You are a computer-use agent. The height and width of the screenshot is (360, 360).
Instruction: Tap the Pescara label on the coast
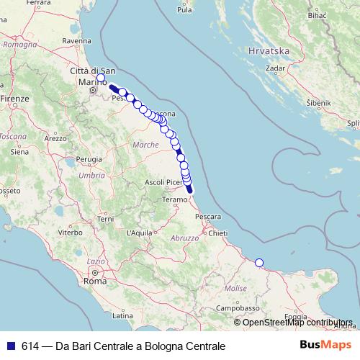(207, 216)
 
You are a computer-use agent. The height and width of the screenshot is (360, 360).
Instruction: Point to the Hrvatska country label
(267, 52)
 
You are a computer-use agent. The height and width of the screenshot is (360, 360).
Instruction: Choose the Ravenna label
(76, 42)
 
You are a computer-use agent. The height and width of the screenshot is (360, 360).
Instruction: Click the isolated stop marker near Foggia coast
(259, 263)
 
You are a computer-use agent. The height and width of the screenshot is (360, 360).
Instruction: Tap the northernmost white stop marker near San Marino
(101, 78)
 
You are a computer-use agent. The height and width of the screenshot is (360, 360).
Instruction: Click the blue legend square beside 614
(9, 346)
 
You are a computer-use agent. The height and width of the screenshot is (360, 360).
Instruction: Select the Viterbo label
(71, 233)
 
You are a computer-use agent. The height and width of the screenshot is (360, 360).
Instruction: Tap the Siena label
(19, 152)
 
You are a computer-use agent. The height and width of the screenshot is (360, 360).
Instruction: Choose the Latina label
(121, 315)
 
